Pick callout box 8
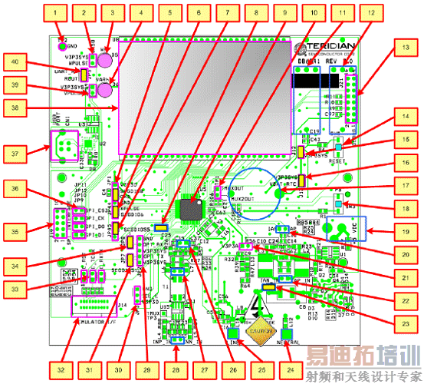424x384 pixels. point(255,12)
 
